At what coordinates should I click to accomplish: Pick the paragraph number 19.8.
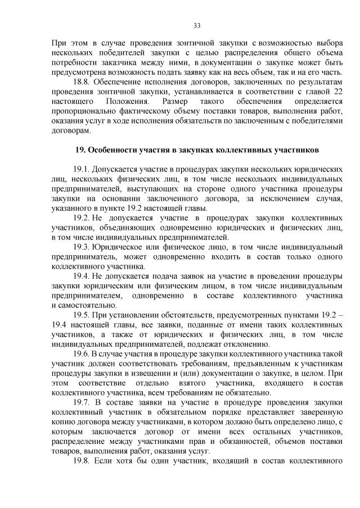(x=82, y=462)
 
